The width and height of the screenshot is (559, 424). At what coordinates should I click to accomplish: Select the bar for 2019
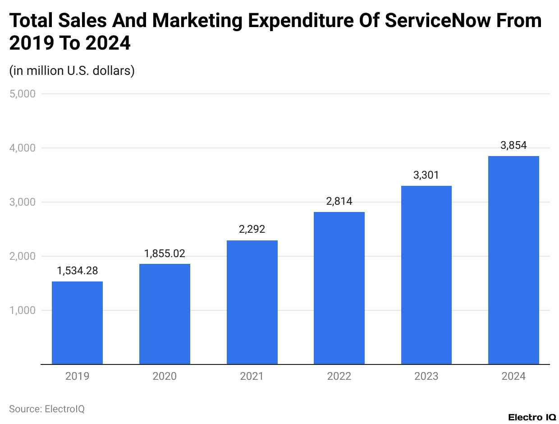pos(77,323)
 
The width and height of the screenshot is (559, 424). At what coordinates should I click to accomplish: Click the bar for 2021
pos(252,302)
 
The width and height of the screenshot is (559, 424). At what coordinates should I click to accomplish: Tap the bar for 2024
pos(513,260)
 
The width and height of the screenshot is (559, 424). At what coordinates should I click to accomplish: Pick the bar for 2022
pos(339,288)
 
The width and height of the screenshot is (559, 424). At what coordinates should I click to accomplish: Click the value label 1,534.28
pos(77,271)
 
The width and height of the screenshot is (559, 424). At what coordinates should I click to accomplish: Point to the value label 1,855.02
pos(165,253)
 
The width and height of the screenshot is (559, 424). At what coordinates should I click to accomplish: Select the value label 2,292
pos(252,230)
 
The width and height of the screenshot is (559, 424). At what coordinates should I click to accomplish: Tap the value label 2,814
pos(339,201)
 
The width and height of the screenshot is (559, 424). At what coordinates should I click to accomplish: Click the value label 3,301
pos(426,175)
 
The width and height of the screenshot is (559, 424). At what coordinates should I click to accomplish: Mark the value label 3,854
pos(513,145)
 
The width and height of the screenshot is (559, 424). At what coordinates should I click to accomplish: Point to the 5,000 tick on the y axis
pos(22,94)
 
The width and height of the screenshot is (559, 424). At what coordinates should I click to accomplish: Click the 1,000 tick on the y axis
pos(22,310)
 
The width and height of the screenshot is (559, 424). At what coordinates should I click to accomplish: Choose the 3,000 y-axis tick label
pos(22,202)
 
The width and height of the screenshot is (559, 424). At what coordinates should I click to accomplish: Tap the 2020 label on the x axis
pos(165,376)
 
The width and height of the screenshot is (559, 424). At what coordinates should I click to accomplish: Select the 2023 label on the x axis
pos(426,376)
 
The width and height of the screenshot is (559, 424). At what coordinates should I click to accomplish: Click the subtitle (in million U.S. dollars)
pos(72,71)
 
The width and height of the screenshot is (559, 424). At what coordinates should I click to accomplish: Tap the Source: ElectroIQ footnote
pos(47,409)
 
